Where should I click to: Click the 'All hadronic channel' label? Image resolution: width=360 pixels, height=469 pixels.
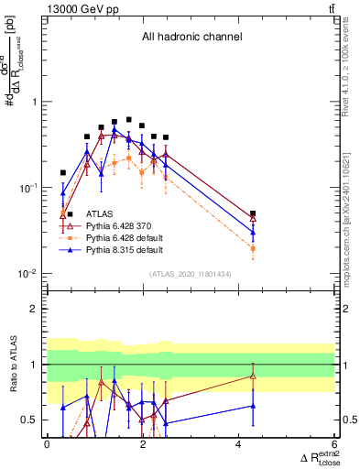tap(191, 38)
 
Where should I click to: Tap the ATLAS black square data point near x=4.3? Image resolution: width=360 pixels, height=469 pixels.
tap(253, 213)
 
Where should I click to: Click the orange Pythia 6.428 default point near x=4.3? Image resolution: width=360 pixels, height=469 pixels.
tap(253, 248)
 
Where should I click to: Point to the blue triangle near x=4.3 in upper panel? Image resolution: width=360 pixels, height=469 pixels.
tap(253, 233)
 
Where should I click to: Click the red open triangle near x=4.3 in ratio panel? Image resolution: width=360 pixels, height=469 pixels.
tap(253, 376)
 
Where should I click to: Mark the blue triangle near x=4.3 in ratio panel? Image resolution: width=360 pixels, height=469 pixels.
tap(253, 405)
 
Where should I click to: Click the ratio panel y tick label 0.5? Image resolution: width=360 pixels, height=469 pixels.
tap(31, 420)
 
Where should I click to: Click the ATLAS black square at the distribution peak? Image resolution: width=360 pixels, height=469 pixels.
tap(129, 120)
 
